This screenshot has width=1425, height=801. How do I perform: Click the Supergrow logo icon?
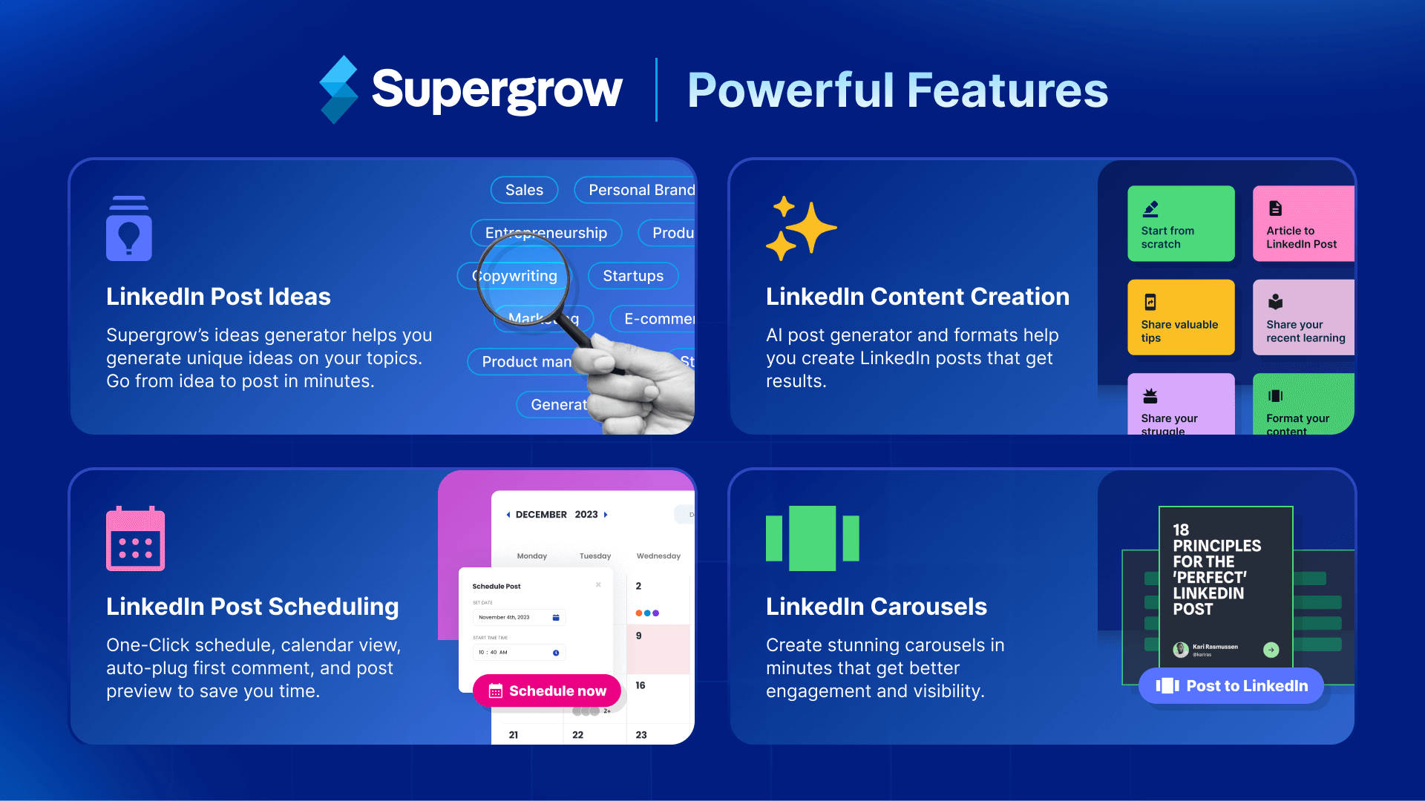point(338,89)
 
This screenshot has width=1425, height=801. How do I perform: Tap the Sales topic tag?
point(524,190)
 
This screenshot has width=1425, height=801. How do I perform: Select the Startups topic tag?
point(633,276)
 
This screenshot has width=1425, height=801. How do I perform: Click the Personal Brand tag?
point(638,190)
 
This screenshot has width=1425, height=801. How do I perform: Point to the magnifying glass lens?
point(522,278)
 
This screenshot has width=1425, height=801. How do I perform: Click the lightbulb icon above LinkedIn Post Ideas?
point(129,228)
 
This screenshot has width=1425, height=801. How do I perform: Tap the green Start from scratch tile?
point(1181,223)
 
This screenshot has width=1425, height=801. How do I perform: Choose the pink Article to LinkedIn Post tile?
point(1303,223)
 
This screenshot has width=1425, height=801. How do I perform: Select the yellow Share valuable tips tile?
point(1181,317)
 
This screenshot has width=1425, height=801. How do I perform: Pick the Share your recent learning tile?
point(1303,317)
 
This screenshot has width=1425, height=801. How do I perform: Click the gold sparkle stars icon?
point(801,228)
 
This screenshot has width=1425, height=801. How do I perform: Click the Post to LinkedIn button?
point(1231,686)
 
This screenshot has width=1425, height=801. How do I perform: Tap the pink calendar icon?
point(135,538)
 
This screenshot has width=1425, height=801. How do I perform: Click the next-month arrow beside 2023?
point(606,515)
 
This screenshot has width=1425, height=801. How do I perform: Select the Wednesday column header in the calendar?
point(658,556)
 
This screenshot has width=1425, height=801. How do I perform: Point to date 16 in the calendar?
point(641,685)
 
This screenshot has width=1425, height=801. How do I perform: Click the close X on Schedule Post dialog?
point(598,585)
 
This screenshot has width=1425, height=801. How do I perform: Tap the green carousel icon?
point(812,538)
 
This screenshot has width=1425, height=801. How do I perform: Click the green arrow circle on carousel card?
point(1271,650)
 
